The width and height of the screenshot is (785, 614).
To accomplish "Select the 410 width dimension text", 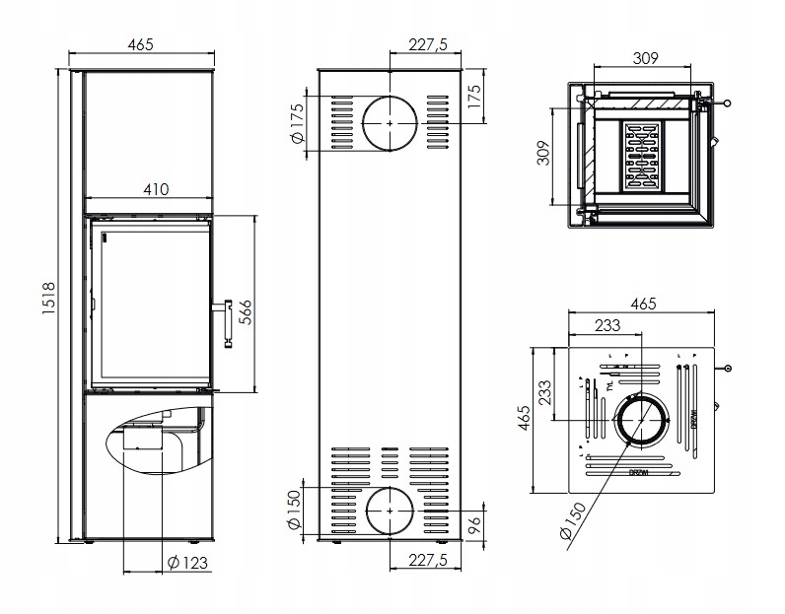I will [x=155, y=189].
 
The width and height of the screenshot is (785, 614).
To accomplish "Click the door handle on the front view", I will [x=226, y=322].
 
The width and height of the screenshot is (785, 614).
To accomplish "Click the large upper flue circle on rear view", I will [x=391, y=122].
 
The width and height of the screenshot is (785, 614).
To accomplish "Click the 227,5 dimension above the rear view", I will [x=428, y=45].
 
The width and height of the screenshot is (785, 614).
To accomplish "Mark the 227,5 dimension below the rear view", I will [x=428, y=560].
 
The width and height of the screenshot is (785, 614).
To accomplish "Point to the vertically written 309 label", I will [x=542, y=155].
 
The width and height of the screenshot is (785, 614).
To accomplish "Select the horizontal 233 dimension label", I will [x=607, y=325].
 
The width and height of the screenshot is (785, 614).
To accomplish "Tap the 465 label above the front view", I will [x=145, y=45].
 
